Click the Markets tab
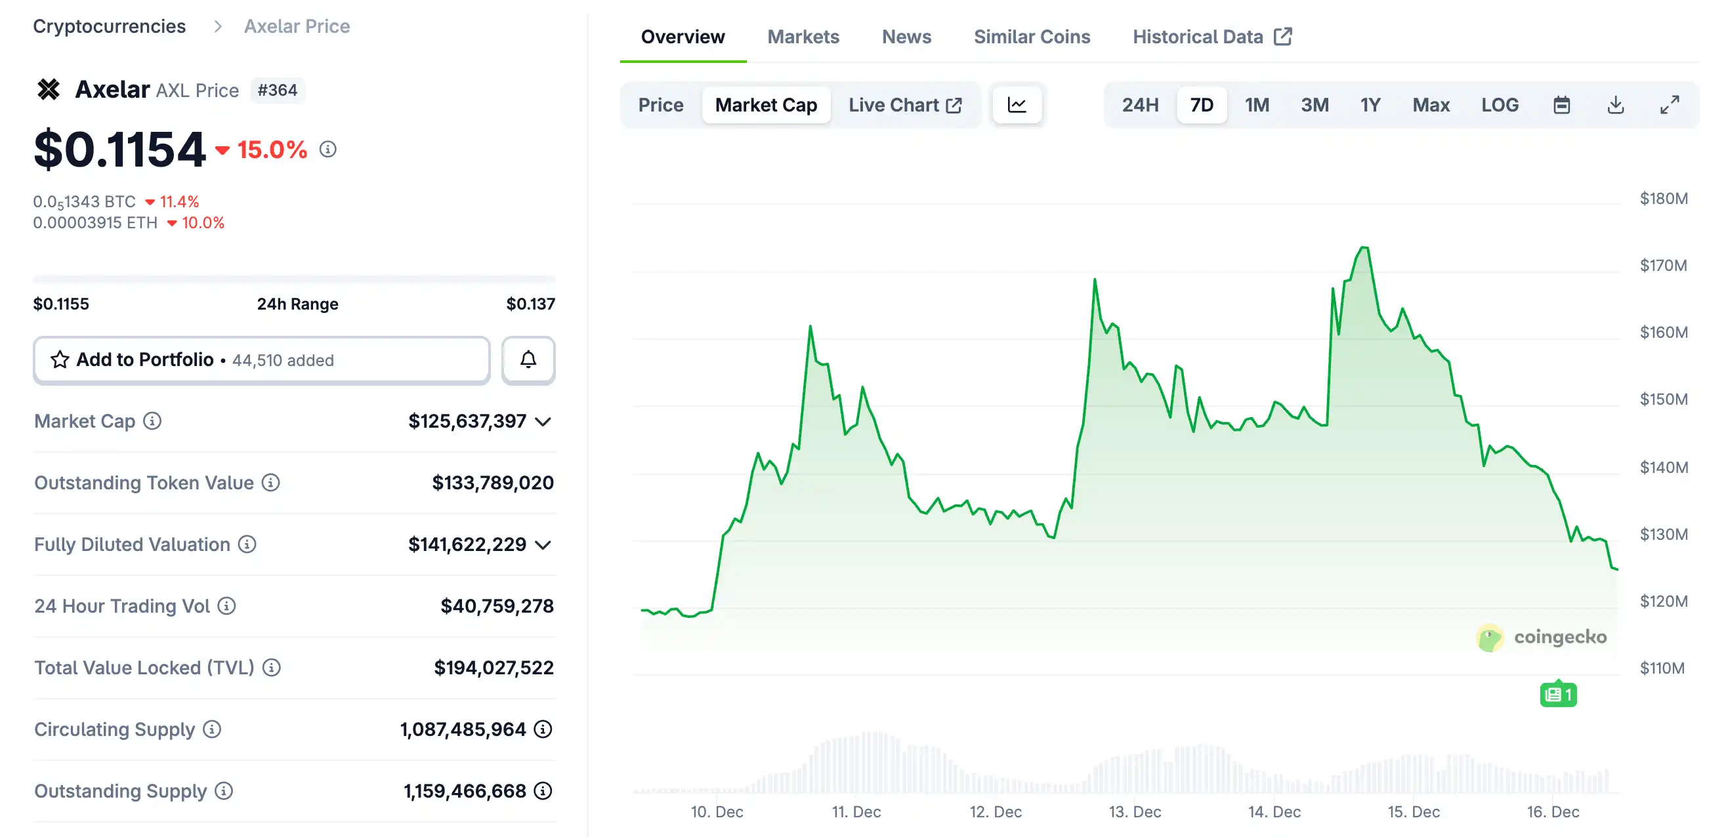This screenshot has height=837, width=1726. tap(803, 37)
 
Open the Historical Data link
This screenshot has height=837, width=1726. tap(1211, 37)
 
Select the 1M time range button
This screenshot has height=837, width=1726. tap(1256, 105)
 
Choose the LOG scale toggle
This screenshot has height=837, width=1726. tap(1499, 105)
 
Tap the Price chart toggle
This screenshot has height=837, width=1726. tap(660, 105)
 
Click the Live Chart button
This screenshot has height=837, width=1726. tap(904, 105)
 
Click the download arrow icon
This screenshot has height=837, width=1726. tap(1615, 105)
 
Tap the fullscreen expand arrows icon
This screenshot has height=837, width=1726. tap(1669, 105)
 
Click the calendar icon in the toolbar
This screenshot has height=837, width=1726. tap(1561, 105)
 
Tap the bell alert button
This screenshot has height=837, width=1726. tap(528, 360)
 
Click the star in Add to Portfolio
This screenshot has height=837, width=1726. tap(60, 360)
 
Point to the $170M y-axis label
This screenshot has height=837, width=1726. tap(1663, 265)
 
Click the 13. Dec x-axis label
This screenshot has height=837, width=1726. tap(1134, 811)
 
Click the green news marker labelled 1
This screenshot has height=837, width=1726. tap(1558, 695)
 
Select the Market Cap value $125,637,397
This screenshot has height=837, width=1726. tap(467, 421)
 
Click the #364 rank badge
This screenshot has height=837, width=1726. tap(277, 90)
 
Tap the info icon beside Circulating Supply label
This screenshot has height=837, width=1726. tap(212, 729)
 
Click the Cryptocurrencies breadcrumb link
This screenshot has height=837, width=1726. tap(109, 26)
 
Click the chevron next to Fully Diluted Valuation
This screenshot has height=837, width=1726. tap(543, 545)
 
